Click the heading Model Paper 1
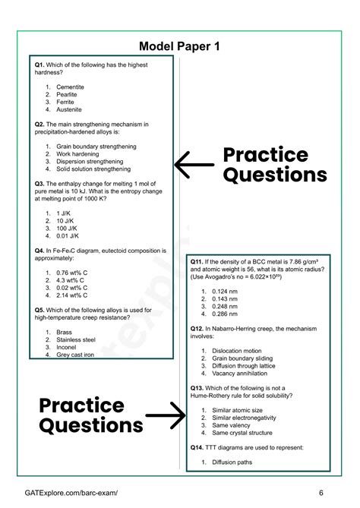[180, 46]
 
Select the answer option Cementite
[70, 87]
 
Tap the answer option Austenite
[69, 109]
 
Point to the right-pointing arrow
[164, 415]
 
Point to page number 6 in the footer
[321, 492]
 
